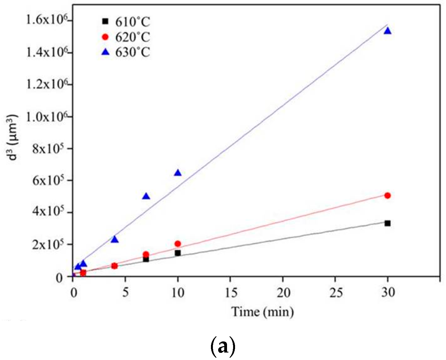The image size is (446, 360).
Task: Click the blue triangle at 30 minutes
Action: (388, 31)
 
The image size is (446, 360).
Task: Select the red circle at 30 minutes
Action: (388, 196)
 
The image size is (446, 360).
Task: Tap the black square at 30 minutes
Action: (388, 223)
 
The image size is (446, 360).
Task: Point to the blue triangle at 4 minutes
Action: (115, 240)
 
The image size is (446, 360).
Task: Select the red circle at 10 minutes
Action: (178, 244)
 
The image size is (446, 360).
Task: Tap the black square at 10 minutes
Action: (178, 253)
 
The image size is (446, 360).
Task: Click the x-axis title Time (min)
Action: (262, 312)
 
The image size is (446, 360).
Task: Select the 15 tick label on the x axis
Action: (231, 292)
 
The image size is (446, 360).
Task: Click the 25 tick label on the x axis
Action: (336, 292)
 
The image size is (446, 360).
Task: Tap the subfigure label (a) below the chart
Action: (223, 346)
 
